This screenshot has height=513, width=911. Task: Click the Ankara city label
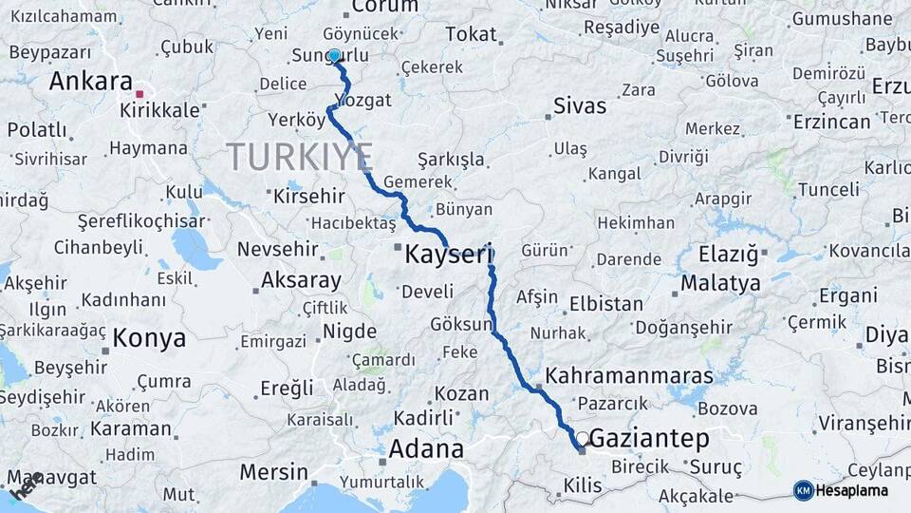tap(90, 82)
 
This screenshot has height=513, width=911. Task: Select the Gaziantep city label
tap(649, 439)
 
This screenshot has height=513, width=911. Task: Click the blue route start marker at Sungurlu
tap(334, 56)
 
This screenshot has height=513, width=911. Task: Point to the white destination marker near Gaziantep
tap(582, 439)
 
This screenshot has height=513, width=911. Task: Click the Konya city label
tap(148, 337)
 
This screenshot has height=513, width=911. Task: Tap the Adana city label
tap(427, 449)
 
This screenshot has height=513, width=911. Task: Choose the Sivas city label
tap(579, 106)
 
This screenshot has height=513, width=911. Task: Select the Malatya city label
tap(720, 283)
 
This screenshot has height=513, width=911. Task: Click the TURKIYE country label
tap(299, 157)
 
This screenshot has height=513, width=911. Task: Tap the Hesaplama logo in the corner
tap(843, 490)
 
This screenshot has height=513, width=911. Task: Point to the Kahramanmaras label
tap(629, 375)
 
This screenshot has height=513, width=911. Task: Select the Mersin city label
tap(273, 472)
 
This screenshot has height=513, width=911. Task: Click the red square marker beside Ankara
tap(139, 94)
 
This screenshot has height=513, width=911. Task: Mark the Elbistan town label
tap(605, 305)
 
